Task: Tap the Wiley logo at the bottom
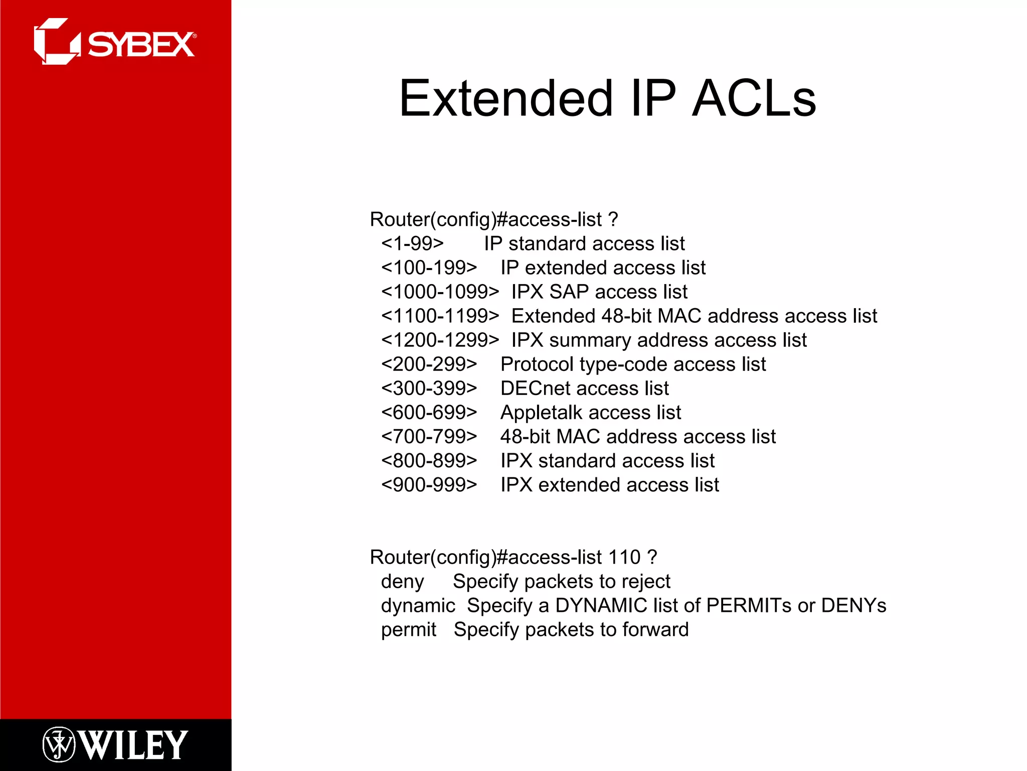pyautogui.click(x=115, y=744)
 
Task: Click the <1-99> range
pyautogui.click(x=412, y=244)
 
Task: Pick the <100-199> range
pyautogui.click(x=429, y=268)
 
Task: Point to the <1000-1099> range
pyautogui.click(x=440, y=292)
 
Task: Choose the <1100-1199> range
pyautogui.click(x=440, y=316)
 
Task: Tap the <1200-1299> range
pyautogui.click(x=440, y=340)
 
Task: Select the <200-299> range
pyautogui.click(x=429, y=364)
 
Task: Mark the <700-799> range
pyautogui.click(x=429, y=437)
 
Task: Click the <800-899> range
pyautogui.click(x=429, y=461)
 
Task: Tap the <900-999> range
pyautogui.click(x=429, y=485)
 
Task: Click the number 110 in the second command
pyautogui.click(x=624, y=557)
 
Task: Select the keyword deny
pyautogui.click(x=402, y=582)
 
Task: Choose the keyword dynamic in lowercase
pyautogui.click(x=418, y=606)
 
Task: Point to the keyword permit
pyautogui.click(x=408, y=630)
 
